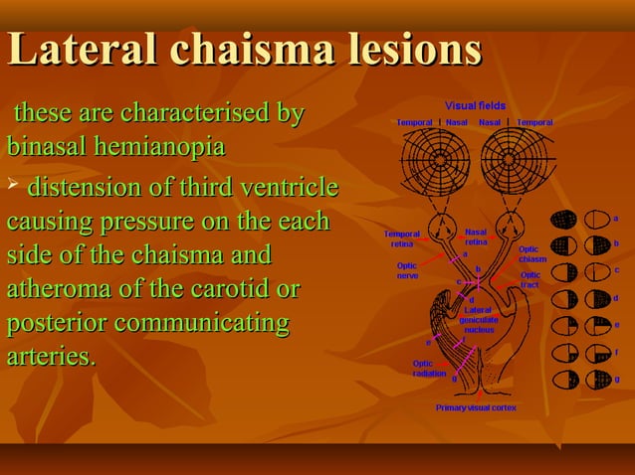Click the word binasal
pyautogui.click(x=47, y=148)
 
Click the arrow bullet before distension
pyautogui.click(x=12, y=186)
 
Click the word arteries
pyautogui.click(x=51, y=356)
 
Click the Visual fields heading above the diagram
pyautogui.click(x=474, y=105)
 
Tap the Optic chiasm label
pyautogui.click(x=532, y=254)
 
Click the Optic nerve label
pyautogui.click(x=407, y=270)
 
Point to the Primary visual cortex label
pyautogui.click(x=476, y=407)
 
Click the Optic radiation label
pyautogui.click(x=429, y=368)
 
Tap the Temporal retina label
pyautogui.click(x=402, y=238)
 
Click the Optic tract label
pyautogui.click(x=530, y=279)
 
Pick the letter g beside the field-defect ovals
pyautogui.click(x=617, y=379)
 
